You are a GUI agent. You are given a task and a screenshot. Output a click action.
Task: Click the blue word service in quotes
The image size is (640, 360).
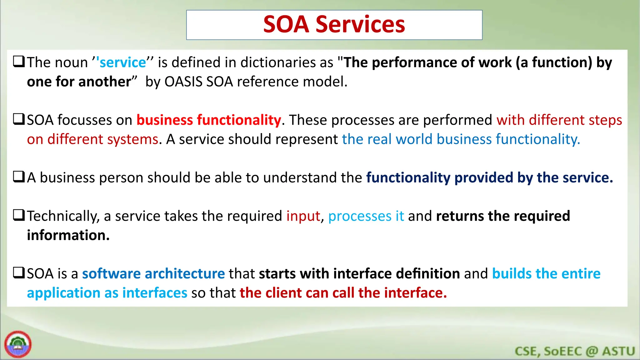[x=122, y=62]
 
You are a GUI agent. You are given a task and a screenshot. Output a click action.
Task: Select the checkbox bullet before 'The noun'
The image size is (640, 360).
[x=18, y=62]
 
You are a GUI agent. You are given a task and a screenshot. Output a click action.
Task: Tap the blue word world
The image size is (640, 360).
[x=414, y=139]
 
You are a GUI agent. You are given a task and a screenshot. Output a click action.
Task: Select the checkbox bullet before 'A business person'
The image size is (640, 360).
[x=18, y=177]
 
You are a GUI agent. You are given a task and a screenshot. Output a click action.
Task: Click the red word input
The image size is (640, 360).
[x=303, y=216]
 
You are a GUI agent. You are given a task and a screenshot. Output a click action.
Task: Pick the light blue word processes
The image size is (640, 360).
[x=359, y=216]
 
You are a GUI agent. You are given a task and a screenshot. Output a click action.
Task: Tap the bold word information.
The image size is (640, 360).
[x=68, y=236]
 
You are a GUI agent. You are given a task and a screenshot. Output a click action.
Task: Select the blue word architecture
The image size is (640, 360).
[x=185, y=274]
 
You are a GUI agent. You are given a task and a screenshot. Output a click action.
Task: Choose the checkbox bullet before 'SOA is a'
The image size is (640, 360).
[x=18, y=273]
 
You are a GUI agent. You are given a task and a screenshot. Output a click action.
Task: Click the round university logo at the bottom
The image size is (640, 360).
[x=18, y=344]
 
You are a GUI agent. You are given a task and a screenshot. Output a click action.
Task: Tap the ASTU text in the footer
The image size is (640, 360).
[x=618, y=351]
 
